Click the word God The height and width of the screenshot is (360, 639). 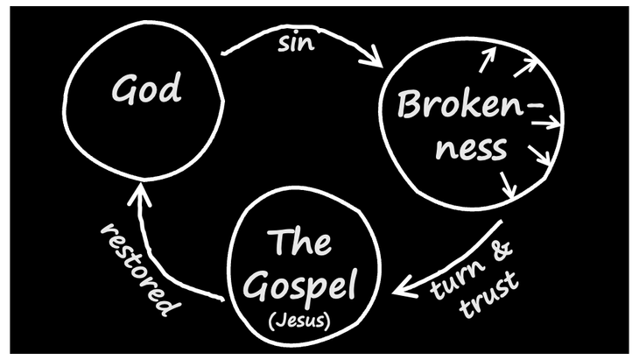tap(146, 88)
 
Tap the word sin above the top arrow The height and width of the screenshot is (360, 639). tap(298, 44)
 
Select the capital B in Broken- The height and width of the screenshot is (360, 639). tap(410, 106)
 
